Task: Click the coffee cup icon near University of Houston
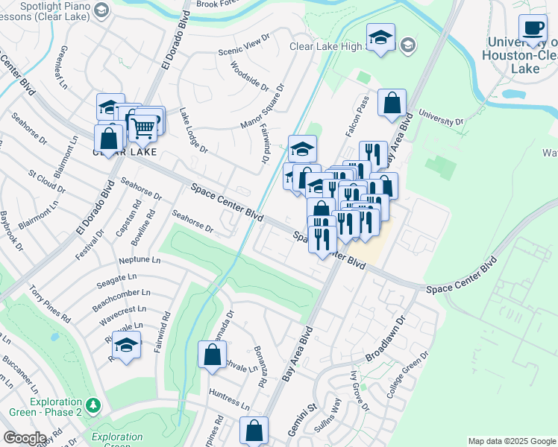click(x=533, y=29)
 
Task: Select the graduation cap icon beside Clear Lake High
click(x=380, y=37)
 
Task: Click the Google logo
click(x=25, y=437)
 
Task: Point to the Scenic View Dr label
click(x=243, y=46)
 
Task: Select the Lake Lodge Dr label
click(x=193, y=128)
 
